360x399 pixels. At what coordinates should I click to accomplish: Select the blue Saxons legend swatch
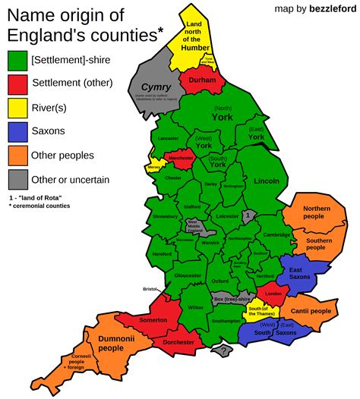tap(17, 130)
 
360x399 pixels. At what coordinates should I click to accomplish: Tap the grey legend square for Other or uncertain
tap(17, 179)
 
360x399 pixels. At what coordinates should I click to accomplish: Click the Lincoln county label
tap(267, 181)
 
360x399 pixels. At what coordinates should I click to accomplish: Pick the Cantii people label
tap(310, 311)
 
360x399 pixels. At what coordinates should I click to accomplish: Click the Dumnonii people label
tap(111, 343)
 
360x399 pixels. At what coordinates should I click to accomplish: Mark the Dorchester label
tap(180, 342)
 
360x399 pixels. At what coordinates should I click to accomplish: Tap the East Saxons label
tap(302, 275)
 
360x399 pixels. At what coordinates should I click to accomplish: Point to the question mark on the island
tap(223, 350)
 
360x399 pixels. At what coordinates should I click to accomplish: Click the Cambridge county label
tap(277, 235)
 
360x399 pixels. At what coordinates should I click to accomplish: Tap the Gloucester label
tap(187, 275)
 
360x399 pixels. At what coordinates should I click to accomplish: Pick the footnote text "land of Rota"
tap(39, 197)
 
